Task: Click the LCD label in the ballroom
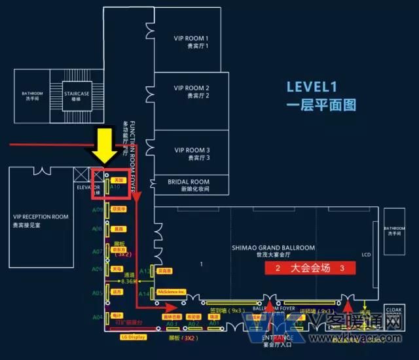point(365,255)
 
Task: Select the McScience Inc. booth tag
point(171,291)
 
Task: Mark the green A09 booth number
point(97,209)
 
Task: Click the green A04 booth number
point(97,317)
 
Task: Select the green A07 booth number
point(97,251)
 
